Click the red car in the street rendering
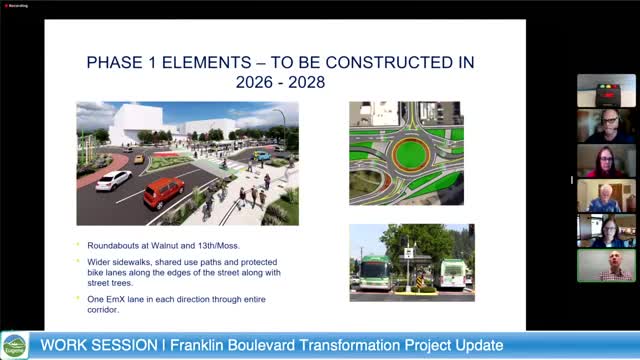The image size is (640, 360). coord(164,191)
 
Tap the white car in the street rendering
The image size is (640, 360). coord(113,180)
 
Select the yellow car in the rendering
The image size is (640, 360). coord(139,158)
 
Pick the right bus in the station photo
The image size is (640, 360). coord(452,273)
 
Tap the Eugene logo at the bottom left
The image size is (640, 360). coord(14,345)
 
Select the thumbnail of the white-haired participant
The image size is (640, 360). coord(606,196)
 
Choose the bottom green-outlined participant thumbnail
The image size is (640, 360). coord(606,265)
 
